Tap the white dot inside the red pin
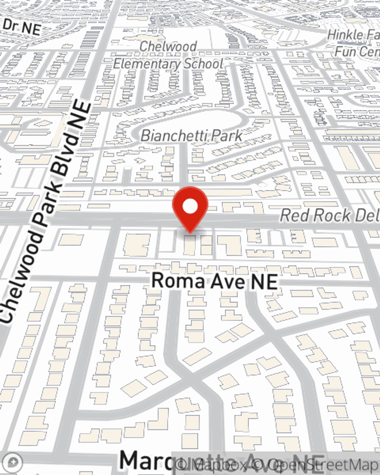click(x=190, y=207)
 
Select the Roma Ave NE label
click(x=214, y=281)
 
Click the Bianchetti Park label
click(x=192, y=136)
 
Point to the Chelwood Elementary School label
click(x=168, y=55)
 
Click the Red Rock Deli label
click(x=329, y=215)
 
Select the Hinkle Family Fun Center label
click(x=353, y=43)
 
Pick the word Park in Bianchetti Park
click(x=227, y=136)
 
